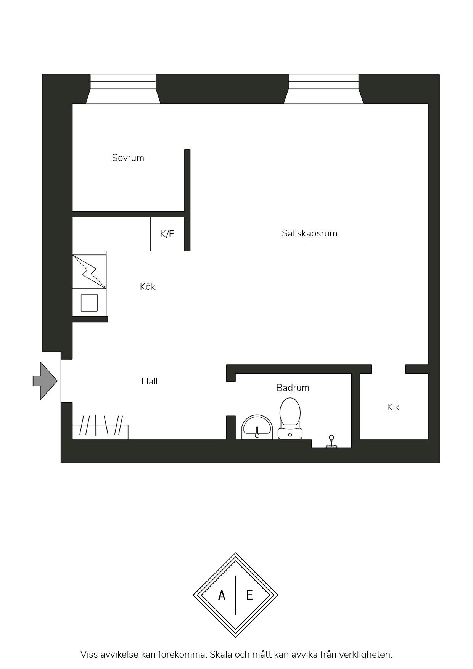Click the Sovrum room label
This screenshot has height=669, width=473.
[x=128, y=158]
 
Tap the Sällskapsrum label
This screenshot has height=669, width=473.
[x=309, y=233]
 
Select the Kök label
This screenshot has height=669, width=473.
[x=148, y=286]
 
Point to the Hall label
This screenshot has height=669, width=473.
[x=149, y=381]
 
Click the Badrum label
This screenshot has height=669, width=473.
[x=293, y=388]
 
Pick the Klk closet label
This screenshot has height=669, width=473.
[x=393, y=407]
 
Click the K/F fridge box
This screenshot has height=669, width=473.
[x=167, y=234]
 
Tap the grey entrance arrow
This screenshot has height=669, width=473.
[x=45, y=381]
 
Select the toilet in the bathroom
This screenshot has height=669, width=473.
[x=290, y=418]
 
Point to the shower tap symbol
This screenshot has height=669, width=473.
[x=331, y=441]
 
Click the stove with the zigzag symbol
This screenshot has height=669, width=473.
[x=89, y=272]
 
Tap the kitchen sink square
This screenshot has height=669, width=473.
[x=89, y=303]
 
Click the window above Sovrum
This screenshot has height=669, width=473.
[x=123, y=89]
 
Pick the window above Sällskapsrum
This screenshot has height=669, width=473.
[x=323, y=89]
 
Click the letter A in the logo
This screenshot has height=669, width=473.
[x=222, y=595]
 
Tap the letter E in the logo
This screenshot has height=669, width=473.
[x=249, y=595]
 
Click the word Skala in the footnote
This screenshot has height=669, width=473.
[x=220, y=655]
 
